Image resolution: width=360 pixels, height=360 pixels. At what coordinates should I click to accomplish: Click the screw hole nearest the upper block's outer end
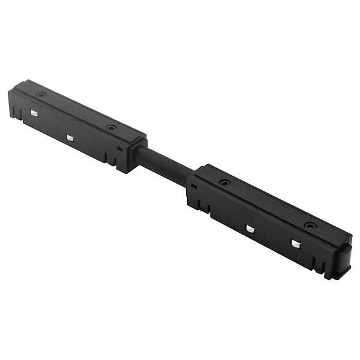click(40, 94)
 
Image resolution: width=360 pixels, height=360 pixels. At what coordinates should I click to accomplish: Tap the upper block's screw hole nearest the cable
click(110, 127)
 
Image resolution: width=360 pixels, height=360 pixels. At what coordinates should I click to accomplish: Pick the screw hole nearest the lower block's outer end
click(308, 226)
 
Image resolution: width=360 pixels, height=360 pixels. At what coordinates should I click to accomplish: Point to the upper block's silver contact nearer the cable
click(70, 137)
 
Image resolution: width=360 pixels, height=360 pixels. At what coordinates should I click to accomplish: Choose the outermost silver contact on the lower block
click(295, 243)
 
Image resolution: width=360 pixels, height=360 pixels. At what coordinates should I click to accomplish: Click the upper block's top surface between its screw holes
click(75, 110)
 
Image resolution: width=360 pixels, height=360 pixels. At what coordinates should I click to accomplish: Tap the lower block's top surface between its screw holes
click(267, 204)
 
